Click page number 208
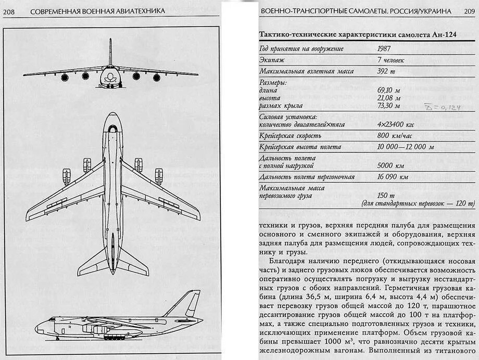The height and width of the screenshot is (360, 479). tap(9, 10)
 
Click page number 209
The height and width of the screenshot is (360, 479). tap(468, 10)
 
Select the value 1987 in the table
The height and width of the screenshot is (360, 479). tap(385, 48)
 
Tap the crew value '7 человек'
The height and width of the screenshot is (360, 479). tap(391, 60)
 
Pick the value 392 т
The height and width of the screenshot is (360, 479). tap(386, 71)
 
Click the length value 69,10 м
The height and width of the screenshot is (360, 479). tap(389, 90)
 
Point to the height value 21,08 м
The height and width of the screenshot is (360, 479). tap(389, 98)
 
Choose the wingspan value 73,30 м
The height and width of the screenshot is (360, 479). tap(389, 106)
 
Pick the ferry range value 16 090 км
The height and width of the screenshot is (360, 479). tap(393, 177)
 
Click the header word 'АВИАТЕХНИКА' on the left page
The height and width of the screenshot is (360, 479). tap(136, 10)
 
